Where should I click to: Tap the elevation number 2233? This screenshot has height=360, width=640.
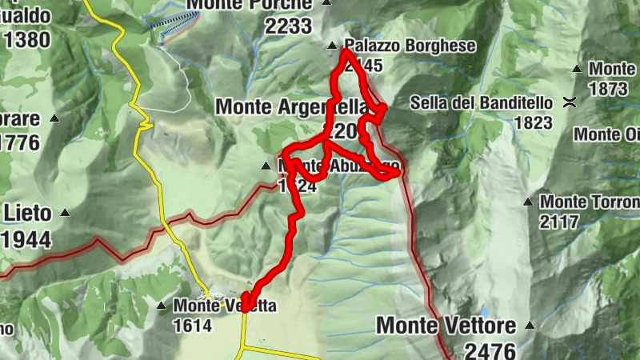tap(289, 26)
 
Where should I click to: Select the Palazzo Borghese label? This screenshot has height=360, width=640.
tap(410, 46)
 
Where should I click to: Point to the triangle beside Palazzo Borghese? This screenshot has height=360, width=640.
tap(333, 46)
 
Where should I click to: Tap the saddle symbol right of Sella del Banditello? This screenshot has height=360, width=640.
tap(570, 102)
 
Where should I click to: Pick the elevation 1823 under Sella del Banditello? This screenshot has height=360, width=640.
tap(534, 122)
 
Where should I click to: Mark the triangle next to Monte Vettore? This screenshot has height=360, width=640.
tap(528, 325)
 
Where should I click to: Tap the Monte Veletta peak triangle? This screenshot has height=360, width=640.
tap(161, 305)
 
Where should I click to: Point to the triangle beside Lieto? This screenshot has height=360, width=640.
tap(65, 213)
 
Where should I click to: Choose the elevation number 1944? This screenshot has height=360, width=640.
tap(26, 239)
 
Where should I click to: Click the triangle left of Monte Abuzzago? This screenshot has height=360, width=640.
tap(266, 166)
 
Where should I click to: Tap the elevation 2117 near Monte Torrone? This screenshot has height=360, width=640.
tap(558, 222)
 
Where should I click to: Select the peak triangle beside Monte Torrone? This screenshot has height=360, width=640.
tap(527, 202)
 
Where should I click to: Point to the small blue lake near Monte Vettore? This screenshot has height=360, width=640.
tap(486, 310)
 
